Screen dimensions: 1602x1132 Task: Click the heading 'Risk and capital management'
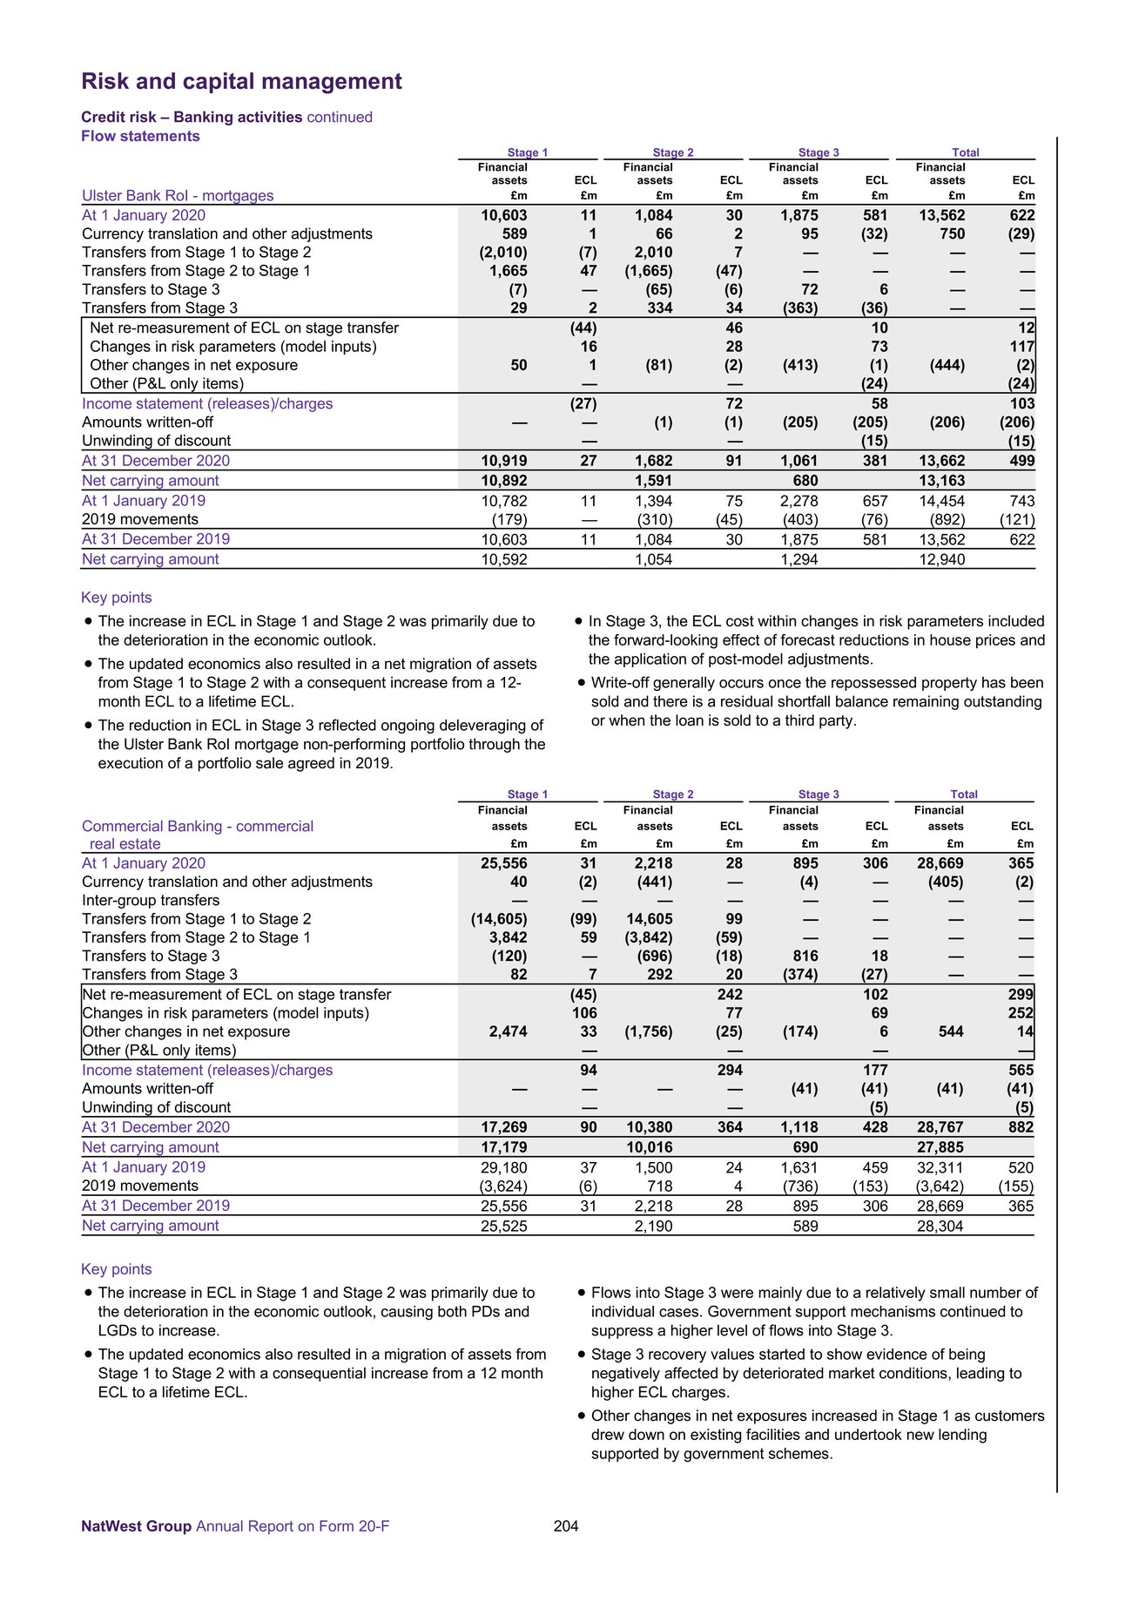click(x=241, y=81)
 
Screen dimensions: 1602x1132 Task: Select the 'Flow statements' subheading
click(x=140, y=136)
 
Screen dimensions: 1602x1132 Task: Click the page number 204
click(x=566, y=1525)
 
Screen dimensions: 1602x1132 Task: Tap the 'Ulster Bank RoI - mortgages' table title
click(x=178, y=196)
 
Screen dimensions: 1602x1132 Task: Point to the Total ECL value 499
click(x=1021, y=461)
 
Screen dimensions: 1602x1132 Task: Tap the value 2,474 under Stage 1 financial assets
click(x=506, y=1031)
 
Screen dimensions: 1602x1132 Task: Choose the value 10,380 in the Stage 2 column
click(x=649, y=1127)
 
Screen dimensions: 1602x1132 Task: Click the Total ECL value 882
click(x=1021, y=1127)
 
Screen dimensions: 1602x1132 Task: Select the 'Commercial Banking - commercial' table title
click(x=198, y=826)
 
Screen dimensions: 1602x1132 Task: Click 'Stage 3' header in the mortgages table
click(x=819, y=152)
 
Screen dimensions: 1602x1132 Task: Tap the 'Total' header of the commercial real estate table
click(x=964, y=794)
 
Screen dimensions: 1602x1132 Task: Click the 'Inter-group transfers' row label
click(x=151, y=900)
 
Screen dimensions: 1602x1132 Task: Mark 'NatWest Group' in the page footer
click(x=136, y=1525)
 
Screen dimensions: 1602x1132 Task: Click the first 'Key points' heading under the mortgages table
click(x=117, y=598)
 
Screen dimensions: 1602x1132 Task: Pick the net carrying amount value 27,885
click(x=940, y=1147)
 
